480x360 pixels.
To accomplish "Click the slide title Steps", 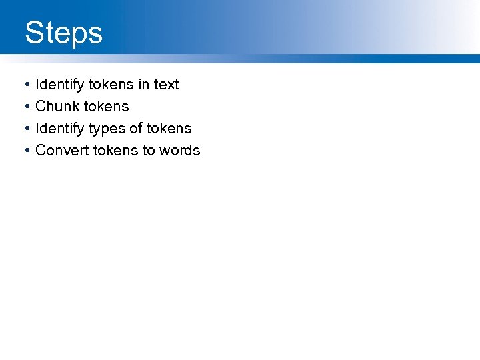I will [x=64, y=33].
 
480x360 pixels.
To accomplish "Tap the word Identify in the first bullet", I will [x=59, y=85].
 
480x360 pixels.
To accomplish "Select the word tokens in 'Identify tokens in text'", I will [x=110, y=85].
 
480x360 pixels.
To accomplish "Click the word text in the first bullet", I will [x=167, y=85].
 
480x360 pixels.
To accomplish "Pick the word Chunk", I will [x=57, y=107].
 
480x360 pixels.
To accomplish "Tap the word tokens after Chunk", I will [x=107, y=107].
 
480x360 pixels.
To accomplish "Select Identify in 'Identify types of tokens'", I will [x=59, y=129].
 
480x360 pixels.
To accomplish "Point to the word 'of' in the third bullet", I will [x=136, y=129].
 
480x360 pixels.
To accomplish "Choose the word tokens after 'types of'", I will [x=169, y=129].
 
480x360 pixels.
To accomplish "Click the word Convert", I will [x=62, y=151].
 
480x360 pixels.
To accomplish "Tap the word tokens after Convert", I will [x=115, y=151].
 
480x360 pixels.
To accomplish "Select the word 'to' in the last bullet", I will [x=149, y=151].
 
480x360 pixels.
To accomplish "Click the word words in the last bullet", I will [x=180, y=151].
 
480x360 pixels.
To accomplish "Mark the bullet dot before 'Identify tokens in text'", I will [x=25, y=85].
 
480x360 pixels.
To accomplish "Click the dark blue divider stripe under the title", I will [x=240, y=59].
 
